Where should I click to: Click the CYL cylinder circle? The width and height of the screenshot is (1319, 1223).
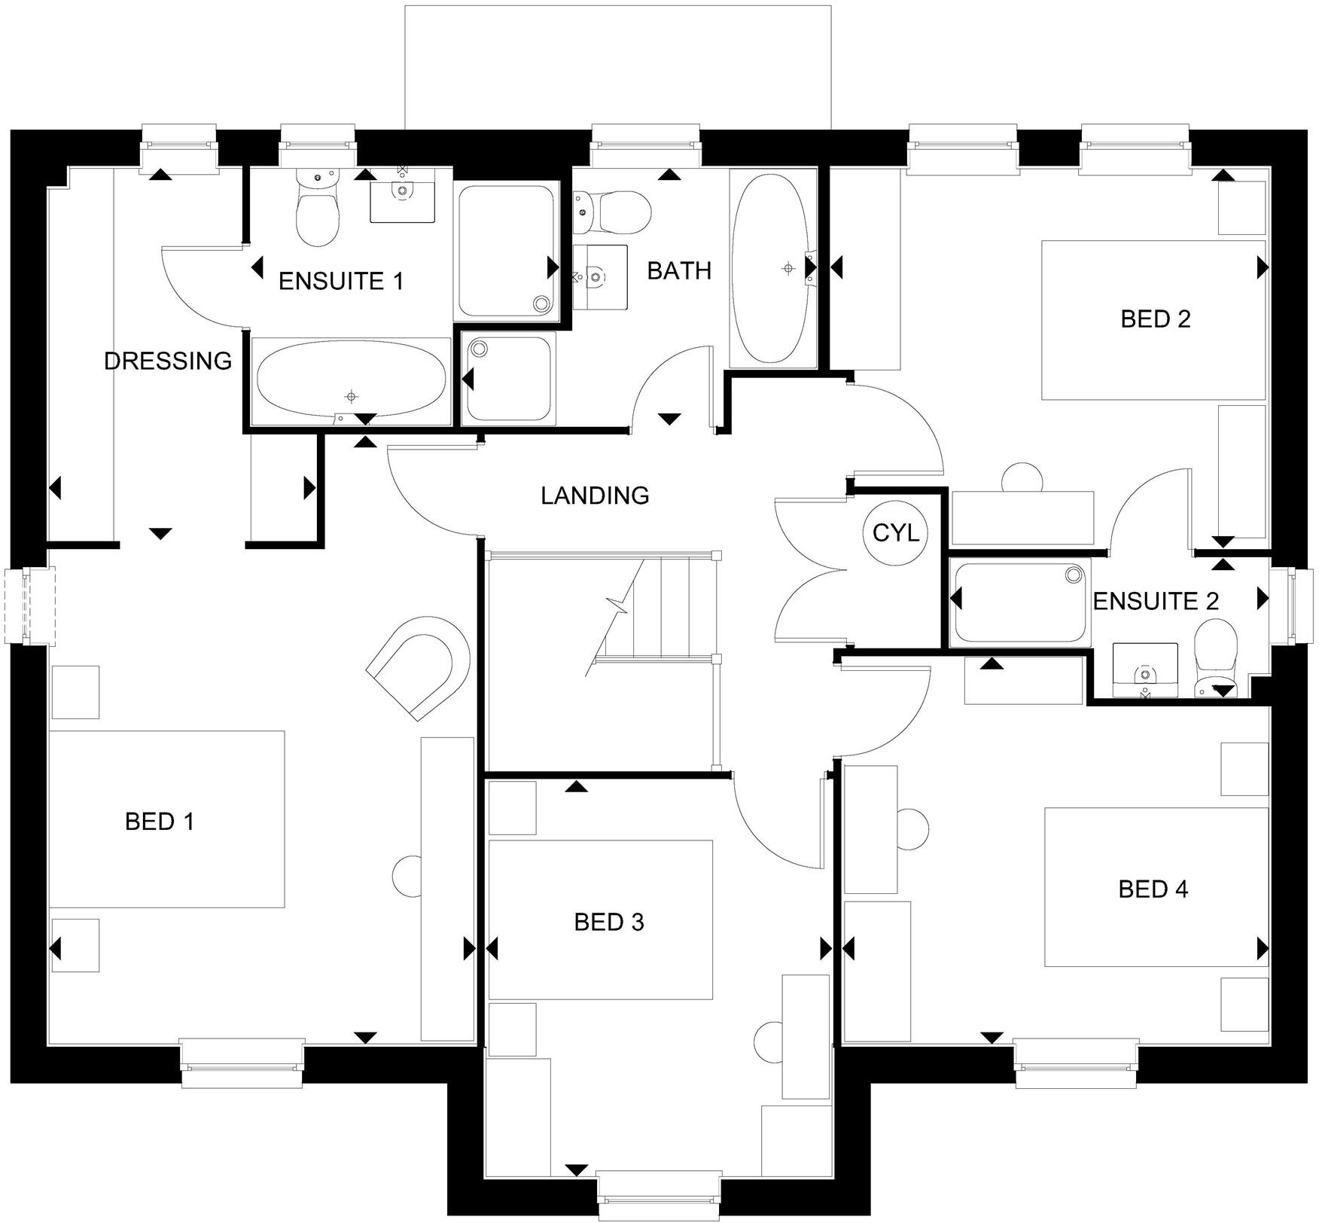tap(895, 532)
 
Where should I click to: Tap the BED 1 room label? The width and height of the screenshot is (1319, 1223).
tap(160, 822)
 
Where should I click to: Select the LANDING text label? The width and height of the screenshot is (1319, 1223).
tap(595, 496)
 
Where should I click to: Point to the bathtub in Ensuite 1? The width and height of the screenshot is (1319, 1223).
tap(351, 379)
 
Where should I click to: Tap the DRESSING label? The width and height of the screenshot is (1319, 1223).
tap(168, 361)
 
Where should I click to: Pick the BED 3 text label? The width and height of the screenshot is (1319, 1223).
tap(609, 923)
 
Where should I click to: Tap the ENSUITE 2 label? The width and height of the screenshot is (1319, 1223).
tap(1155, 602)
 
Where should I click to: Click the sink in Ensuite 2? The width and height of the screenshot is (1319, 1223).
tap(1145, 669)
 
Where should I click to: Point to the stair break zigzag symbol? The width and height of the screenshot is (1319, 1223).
tap(619, 604)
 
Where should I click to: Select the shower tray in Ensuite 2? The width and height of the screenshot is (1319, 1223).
tap(1020, 602)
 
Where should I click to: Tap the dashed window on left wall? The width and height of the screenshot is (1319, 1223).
tap(29, 607)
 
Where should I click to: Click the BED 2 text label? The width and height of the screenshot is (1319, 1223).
tap(1156, 319)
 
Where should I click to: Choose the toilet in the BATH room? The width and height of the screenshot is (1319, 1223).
tap(613, 212)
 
